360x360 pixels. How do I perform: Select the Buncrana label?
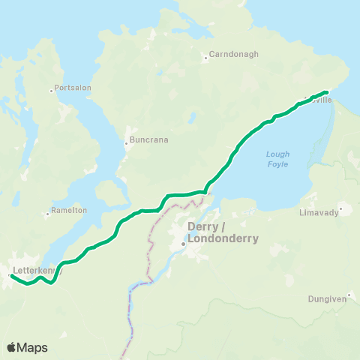(150, 139)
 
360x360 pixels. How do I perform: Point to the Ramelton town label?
(69, 211)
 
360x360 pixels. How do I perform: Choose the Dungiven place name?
(328, 298)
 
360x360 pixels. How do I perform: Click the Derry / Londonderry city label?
(223, 233)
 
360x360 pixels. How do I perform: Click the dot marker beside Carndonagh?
(205, 58)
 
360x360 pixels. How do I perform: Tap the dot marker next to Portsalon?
(51, 91)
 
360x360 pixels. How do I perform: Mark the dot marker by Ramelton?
(47, 214)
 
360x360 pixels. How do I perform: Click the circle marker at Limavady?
(340, 209)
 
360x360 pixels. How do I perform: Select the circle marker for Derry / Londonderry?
(182, 244)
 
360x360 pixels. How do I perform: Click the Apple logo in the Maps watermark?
(10, 347)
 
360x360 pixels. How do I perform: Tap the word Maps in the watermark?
(32, 347)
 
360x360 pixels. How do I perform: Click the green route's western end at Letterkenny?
(10, 276)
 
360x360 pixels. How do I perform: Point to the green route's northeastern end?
(328, 92)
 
